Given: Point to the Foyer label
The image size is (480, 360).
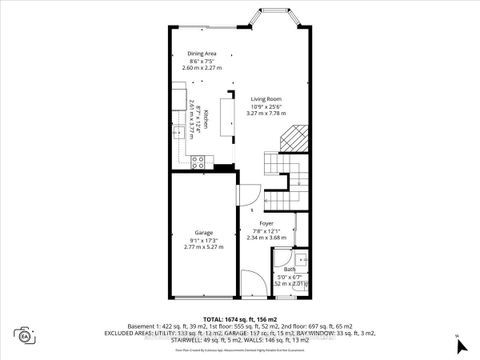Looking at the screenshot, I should [x=265, y=223].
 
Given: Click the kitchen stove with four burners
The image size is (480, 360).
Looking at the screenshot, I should [x=198, y=160].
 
